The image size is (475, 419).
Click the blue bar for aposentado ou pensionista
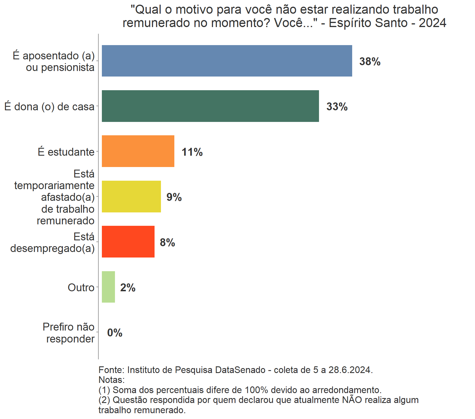227,61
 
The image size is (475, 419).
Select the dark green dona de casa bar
210,106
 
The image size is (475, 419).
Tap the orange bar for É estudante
138,151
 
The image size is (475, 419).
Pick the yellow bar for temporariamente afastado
131,196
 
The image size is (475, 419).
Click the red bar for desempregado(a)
128,242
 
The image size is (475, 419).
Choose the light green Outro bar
108,287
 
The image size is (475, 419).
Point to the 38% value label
370,62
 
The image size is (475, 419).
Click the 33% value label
337,107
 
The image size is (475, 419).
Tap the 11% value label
192,152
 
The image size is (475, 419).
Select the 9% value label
174,197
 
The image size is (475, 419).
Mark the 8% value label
167,242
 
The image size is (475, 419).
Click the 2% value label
128,288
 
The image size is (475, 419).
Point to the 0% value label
115,333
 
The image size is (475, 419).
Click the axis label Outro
81,287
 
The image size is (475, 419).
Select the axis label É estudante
66,152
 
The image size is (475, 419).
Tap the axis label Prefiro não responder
69,333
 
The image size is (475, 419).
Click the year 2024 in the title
432,23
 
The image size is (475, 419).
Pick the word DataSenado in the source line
240,370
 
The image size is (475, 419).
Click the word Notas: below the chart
111,380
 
